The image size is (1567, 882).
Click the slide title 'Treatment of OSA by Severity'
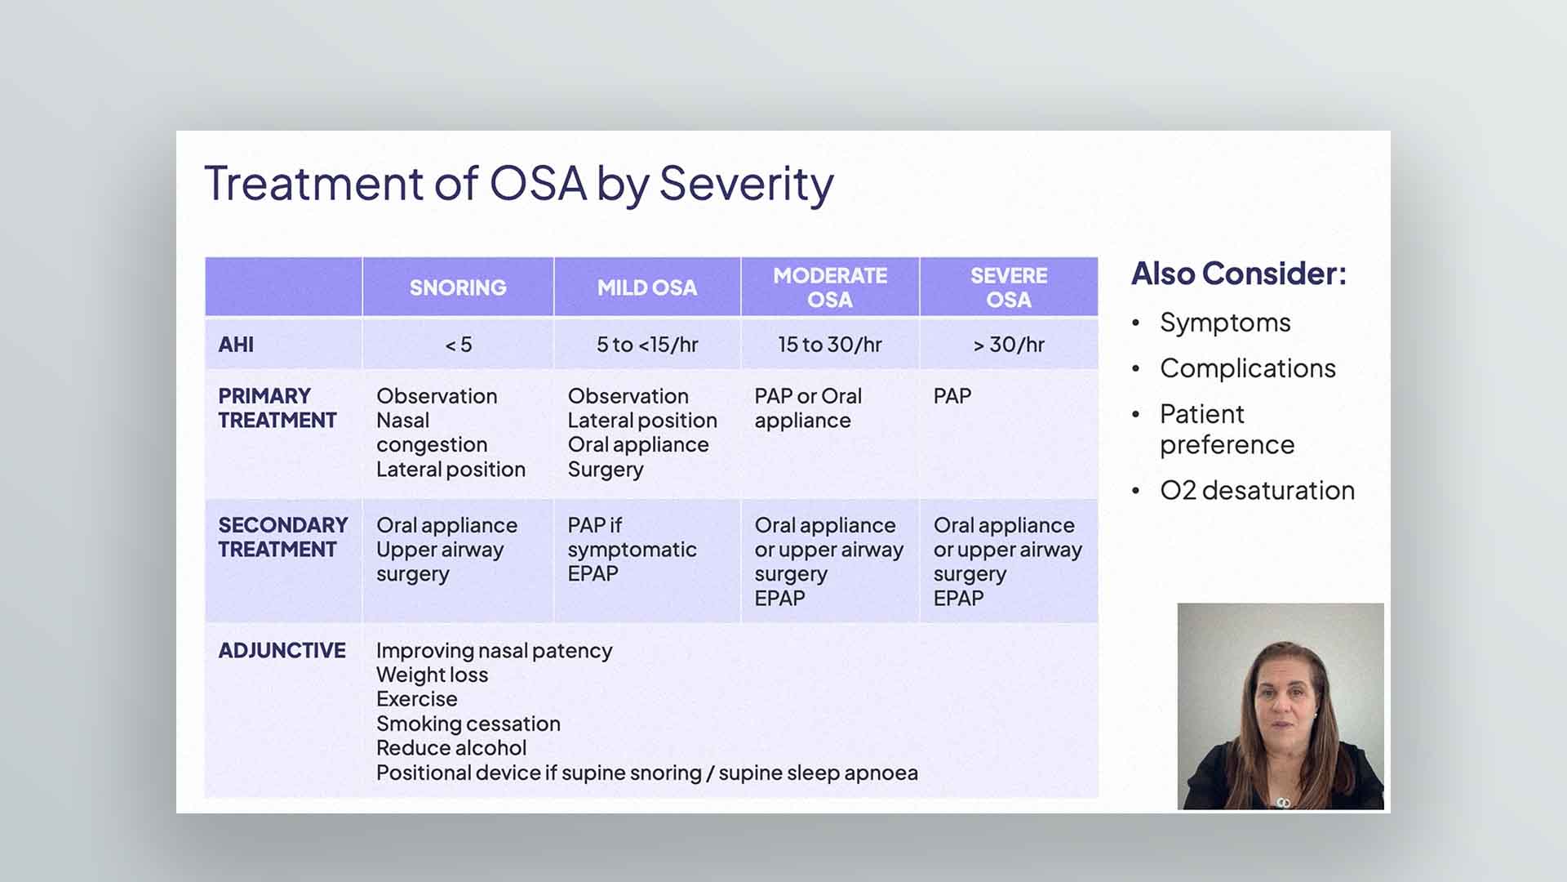(x=519, y=184)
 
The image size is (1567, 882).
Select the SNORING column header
(x=458, y=287)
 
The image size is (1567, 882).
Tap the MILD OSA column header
(x=646, y=287)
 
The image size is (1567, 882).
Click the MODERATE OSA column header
(x=830, y=287)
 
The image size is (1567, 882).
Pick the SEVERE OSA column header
(x=1009, y=287)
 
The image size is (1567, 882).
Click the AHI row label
(x=236, y=345)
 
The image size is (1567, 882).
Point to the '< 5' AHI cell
(x=458, y=345)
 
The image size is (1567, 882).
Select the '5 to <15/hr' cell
(x=647, y=345)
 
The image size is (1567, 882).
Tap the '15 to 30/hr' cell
(x=830, y=345)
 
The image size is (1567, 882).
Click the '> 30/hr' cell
(x=1009, y=345)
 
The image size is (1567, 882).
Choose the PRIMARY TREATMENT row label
(x=277, y=408)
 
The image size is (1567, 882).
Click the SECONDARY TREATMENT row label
(x=282, y=537)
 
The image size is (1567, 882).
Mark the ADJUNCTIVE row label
(x=282, y=651)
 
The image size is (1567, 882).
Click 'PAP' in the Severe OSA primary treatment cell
(x=952, y=397)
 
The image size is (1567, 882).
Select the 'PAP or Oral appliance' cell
(x=807, y=408)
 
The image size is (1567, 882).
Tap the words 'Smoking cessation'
(x=468, y=724)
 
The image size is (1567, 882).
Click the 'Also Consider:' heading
(x=1238, y=274)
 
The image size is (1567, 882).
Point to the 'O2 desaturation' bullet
(x=1257, y=491)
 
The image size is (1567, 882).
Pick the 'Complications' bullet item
(x=1247, y=368)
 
